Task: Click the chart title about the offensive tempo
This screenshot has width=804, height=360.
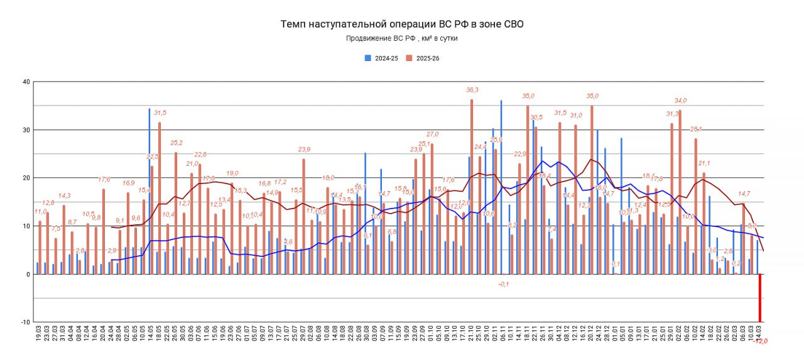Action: [401, 25]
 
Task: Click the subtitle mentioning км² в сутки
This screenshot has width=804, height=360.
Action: [401, 38]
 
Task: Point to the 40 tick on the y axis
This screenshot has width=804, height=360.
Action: [26, 82]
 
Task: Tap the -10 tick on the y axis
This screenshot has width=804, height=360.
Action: [24, 322]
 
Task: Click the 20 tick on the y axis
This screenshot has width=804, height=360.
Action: [26, 178]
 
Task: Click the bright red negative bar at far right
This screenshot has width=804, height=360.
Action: [760, 298]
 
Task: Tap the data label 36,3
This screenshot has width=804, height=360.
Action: [472, 90]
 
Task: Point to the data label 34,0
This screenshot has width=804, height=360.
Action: [680, 101]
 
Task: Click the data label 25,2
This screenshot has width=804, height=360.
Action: [176, 143]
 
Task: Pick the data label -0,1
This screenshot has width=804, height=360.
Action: [503, 284]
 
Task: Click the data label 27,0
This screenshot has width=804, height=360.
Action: [433, 134]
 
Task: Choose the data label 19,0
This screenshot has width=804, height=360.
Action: [232, 173]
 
